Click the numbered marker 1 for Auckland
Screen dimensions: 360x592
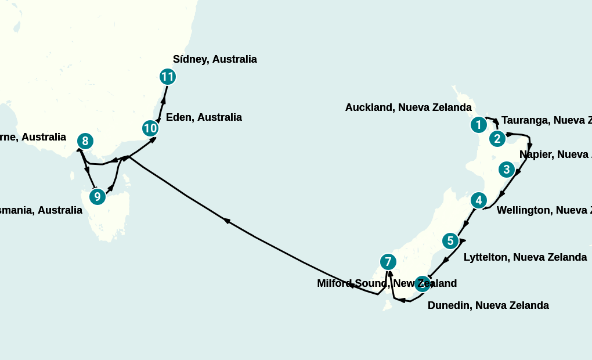478,125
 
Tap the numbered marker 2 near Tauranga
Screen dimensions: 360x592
497,139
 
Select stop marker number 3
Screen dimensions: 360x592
507,170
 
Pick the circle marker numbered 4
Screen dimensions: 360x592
478,201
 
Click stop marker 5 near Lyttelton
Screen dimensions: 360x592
450,240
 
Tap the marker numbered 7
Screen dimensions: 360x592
388,262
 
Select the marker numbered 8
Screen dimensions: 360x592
85,141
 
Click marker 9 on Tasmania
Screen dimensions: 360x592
98,197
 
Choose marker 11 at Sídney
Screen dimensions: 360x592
167,77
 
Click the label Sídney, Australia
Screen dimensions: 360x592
215,59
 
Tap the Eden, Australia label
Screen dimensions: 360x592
204,117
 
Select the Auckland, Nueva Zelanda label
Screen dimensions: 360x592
408,107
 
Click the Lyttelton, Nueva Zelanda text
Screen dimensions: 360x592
525,257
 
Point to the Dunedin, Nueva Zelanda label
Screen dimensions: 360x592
488,305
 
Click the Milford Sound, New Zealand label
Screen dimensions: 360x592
387,283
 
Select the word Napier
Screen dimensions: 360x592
536,154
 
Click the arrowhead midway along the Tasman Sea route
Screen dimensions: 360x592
227,221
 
